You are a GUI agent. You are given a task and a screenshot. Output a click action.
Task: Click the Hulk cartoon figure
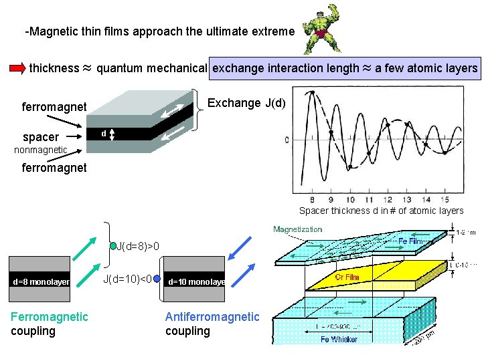[x=315, y=31]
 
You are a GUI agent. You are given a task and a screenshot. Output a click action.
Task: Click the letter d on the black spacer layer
[x=103, y=134]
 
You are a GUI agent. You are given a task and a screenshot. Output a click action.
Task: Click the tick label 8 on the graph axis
[x=312, y=200]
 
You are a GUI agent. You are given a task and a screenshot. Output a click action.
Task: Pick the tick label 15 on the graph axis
[x=445, y=200]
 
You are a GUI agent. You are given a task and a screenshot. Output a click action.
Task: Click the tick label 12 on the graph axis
[x=388, y=200]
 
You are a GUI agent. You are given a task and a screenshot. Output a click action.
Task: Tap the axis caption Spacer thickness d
[x=381, y=211]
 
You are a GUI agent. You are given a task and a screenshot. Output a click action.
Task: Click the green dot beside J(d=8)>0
[x=114, y=245]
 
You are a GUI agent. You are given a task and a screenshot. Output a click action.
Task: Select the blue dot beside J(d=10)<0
[x=157, y=279]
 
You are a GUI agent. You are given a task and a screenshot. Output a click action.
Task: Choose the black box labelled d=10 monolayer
[x=196, y=281]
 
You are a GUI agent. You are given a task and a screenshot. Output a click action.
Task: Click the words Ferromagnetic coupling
[x=49, y=324]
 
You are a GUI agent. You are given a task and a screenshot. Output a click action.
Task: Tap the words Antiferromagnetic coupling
[x=212, y=324]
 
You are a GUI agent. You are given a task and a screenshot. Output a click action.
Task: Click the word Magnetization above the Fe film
[x=297, y=229]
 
